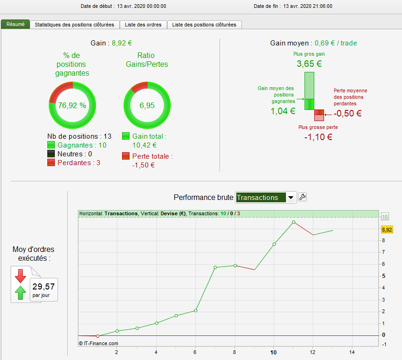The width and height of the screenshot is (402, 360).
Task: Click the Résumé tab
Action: (15, 24)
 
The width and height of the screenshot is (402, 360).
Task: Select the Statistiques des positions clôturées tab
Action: (75, 25)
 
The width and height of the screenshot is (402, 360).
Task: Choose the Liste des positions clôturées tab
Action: (204, 25)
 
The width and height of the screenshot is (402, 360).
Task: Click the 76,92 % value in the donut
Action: (72, 105)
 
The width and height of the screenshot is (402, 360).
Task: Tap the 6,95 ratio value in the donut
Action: (147, 105)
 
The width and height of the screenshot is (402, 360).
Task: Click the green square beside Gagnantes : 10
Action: (51, 145)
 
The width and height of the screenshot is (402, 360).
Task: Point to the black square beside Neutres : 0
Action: (51, 154)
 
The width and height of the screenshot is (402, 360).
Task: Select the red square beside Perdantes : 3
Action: (51, 163)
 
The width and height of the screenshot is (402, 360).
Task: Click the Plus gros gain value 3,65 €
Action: (309, 64)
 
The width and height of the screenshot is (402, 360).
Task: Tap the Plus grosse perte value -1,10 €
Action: (318, 137)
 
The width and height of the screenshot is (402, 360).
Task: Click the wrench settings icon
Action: (302, 197)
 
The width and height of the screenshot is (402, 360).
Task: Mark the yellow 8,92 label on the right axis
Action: (387, 229)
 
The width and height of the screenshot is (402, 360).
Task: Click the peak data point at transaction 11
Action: (293, 222)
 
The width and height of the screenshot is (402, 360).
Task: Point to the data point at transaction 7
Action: (215, 267)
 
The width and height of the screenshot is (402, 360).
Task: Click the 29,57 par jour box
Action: (44, 289)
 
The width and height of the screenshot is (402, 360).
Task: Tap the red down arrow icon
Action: (20, 276)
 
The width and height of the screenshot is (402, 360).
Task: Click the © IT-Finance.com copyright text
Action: (98, 343)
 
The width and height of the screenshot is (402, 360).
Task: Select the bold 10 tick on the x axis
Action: (273, 352)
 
